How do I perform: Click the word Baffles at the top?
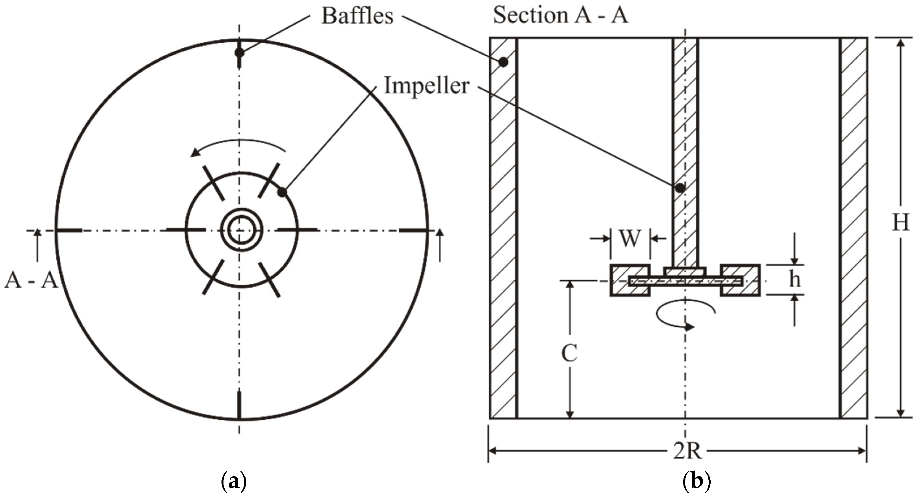357,16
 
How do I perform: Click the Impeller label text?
427,86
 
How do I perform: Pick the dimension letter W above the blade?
630,238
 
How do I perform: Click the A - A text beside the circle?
31,281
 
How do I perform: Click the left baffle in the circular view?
69,230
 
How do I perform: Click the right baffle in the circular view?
412,230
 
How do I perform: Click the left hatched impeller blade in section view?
630,280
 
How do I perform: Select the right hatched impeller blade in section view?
740,280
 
